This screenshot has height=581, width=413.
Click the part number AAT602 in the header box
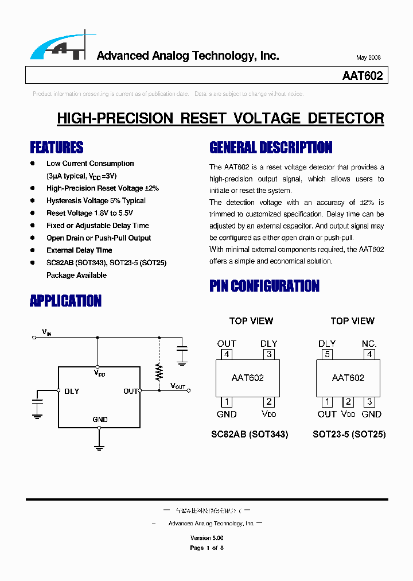click(362, 76)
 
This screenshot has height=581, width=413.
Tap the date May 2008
click(368, 58)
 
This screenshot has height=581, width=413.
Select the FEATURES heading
click(57, 148)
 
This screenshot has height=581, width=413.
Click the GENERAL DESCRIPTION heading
click(271, 148)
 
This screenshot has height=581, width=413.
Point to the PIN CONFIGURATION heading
click(264, 286)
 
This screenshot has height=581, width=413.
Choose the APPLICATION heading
click(65, 301)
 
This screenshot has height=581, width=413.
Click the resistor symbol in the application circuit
click(159, 373)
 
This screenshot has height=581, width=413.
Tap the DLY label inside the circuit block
click(72, 392)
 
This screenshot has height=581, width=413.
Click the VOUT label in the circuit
click(178, 386)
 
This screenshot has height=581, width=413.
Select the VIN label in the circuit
click(46, 332)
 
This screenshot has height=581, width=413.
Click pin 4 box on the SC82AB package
click(227, 354)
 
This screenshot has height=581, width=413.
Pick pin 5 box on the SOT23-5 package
click(328, 354)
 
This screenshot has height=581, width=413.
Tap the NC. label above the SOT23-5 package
click(369, 344)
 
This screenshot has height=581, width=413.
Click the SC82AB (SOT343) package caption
click(250, 435)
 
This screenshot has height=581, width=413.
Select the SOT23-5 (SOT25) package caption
click(349, 435)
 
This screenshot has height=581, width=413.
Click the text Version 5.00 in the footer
click(206, 539)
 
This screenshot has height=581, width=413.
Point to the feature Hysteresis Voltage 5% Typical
click(96, 201)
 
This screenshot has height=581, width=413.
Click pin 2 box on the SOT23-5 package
click(348, 402)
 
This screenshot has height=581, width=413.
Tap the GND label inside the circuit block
click(100, 420)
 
